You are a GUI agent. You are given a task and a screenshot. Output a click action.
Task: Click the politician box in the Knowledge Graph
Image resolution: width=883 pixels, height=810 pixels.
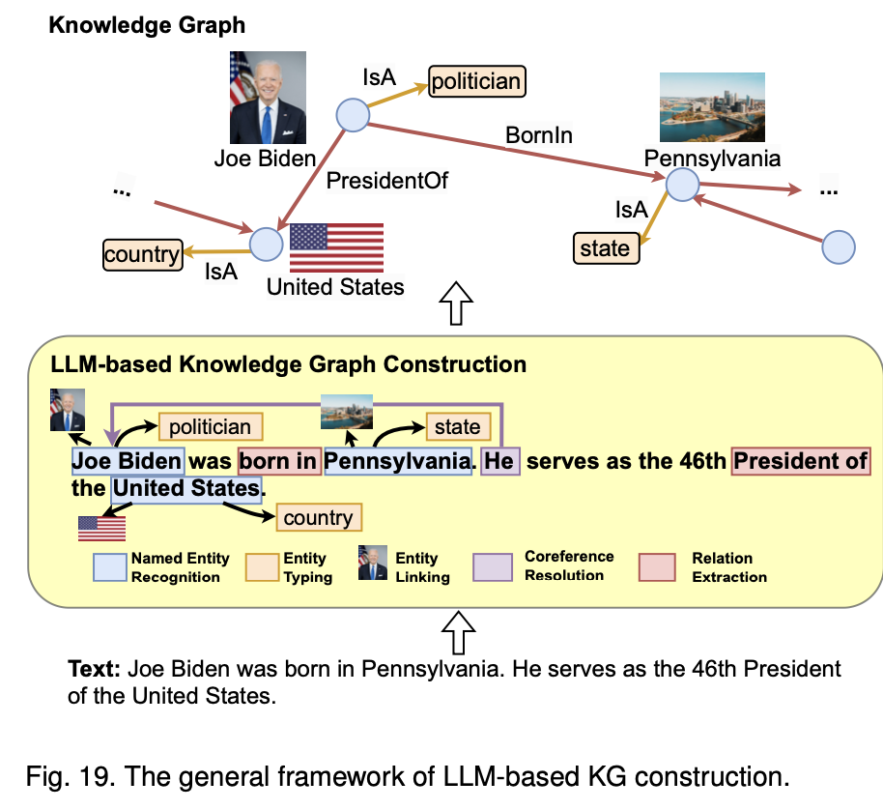click(x=475, y=80)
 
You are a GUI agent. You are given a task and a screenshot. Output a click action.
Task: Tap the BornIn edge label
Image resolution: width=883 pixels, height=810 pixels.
click(x=539, y=135)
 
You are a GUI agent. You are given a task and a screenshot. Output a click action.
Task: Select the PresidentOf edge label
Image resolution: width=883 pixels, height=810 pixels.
click(x=387, y=180)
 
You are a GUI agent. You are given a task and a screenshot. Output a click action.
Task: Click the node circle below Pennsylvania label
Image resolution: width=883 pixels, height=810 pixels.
click(x=682, y=185)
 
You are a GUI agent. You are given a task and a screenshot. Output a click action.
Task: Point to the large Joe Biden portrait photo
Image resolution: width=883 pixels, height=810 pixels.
click(x=268, y=98)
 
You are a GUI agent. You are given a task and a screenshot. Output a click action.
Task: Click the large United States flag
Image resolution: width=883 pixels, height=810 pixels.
click(x=336, y=248)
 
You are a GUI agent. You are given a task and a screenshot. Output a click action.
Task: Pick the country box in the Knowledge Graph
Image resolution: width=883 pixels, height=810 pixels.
click(x=142, y=254)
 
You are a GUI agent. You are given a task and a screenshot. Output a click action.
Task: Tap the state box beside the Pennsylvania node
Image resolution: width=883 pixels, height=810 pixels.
click(x=605, y=248)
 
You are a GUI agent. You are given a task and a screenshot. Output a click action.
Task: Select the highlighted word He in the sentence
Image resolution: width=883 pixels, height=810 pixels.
click(x=499, y=461)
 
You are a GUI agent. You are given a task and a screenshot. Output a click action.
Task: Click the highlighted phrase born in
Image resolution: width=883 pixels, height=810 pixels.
click(x=279, y=461)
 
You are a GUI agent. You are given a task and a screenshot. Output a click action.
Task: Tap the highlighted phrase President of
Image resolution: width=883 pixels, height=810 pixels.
click(x=801, y=461)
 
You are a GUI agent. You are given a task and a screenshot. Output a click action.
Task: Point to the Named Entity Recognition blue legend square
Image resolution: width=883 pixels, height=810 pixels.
click(x=109, y=567)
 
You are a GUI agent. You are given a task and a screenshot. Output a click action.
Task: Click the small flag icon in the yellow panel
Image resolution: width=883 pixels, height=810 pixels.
click(x=101, y=528)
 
